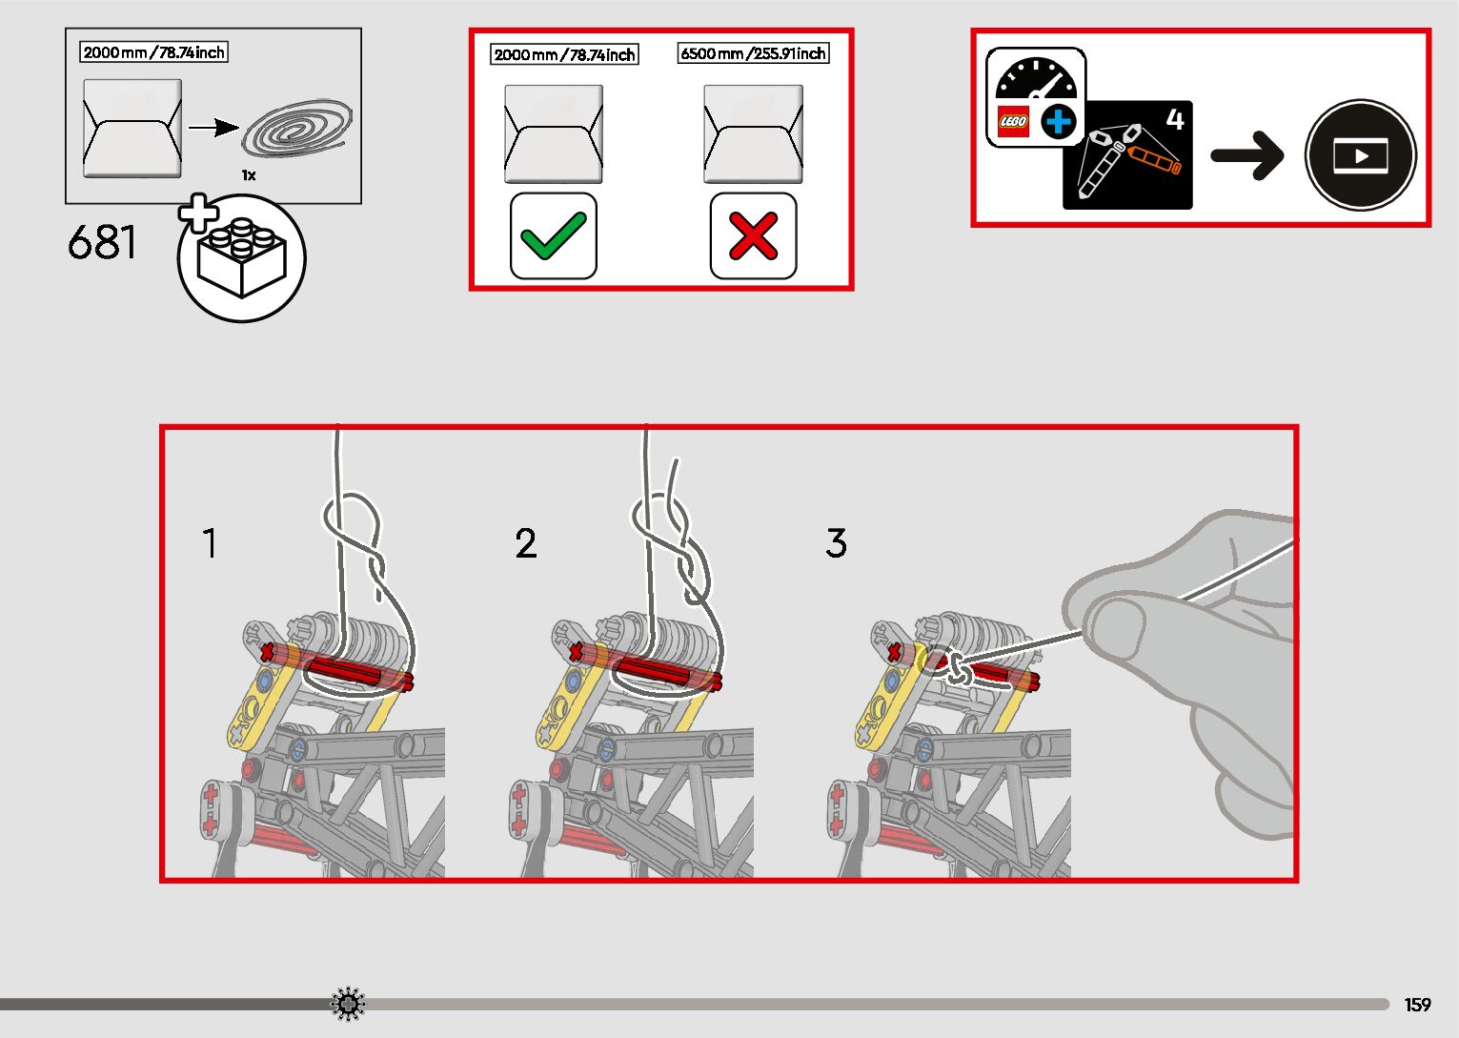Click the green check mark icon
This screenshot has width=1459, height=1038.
(x=554, y=235)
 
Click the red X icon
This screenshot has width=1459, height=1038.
(x=753, y=235)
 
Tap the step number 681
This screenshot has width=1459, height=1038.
(x=102, y=243)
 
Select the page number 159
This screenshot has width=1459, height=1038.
(x=1417, y=1005)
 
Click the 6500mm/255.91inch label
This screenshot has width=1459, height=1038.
(x=753, y=53)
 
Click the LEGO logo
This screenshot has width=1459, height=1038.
(x=1012, y=121)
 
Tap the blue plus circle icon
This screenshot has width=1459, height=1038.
(x=1058, y=122)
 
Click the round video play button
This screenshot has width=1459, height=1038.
(x=1360, y=155)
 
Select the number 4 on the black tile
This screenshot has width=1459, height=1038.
(x=1175, y=119)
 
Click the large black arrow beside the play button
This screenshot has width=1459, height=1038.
(x=1246, y=155)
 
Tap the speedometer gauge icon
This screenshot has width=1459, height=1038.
(x=1035, y=80)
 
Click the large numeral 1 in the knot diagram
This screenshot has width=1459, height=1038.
(x=210, y=543)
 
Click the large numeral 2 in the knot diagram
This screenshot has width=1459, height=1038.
(x=526, y=543)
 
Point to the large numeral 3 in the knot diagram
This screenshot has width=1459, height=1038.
(x=836, y=543)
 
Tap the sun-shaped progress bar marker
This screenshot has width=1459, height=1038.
(x=348, y=1004)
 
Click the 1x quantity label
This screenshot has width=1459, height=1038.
(x=249, y=175)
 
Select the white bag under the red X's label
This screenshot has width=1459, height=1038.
(x=753, y=133)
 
